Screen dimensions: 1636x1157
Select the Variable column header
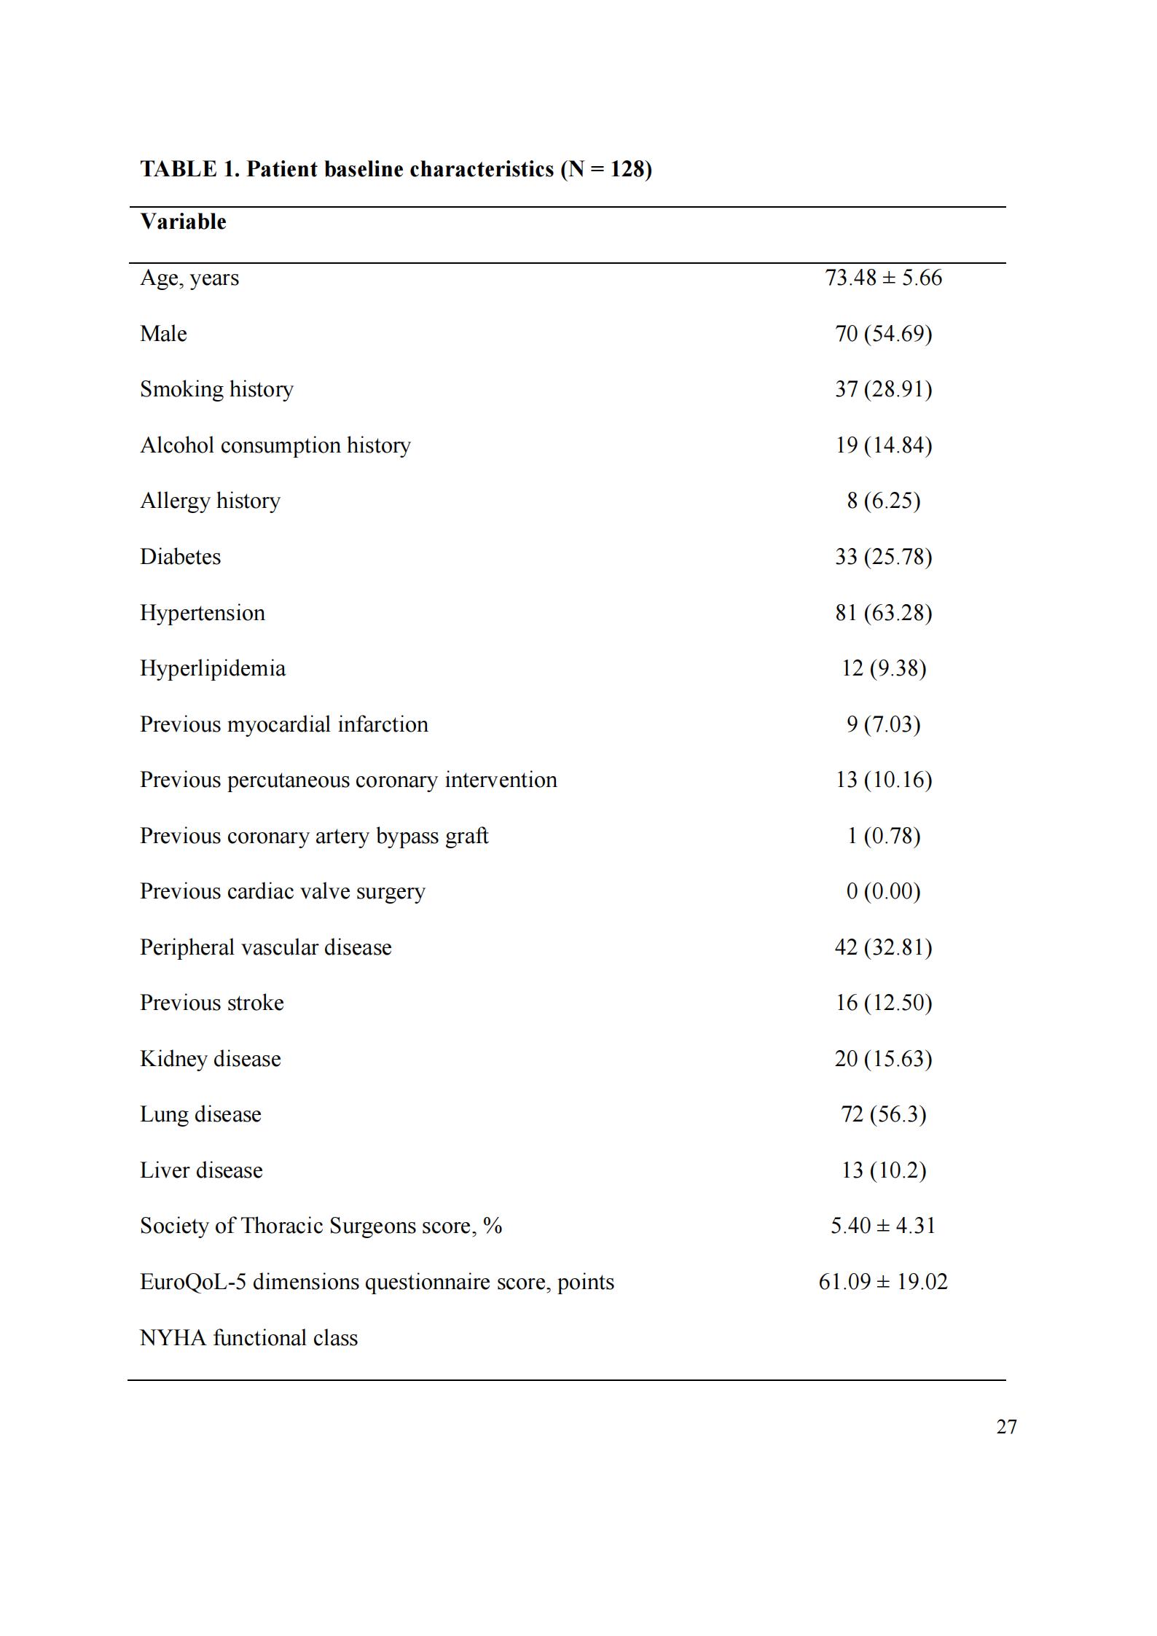click(x=183, y=222)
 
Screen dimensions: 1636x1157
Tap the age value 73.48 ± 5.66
click(x=883, y=278)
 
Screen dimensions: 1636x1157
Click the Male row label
click(x=163, y=334)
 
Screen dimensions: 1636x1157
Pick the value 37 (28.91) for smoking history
click(x=883, y=389)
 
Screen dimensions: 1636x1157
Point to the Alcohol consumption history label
click(x=275, y=445)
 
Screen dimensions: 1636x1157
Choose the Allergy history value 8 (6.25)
click(x=883, y=501)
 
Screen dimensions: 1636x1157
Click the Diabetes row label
click(x=180, y=557)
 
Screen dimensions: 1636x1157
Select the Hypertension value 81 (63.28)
click(x=883, y=613)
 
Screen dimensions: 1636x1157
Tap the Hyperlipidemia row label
click(x=212, y=668)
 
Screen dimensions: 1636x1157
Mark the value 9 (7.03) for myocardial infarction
click(x=883, y=724)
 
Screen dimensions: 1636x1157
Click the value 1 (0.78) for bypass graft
click(x=883, y=836)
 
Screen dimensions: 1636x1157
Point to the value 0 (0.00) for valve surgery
click(x=883, y=891)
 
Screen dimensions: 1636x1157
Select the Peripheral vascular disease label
click(x=265, y=947)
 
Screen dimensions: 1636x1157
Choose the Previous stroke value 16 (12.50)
click(x=883, y=1003)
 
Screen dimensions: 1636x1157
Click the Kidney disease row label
click(x=210, y=1059)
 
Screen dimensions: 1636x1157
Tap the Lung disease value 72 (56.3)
click(x=883, y=1114)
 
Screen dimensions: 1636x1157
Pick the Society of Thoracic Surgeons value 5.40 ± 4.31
click(x=883, y=1226)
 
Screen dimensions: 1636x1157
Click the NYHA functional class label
click(x=248, y=1338)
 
